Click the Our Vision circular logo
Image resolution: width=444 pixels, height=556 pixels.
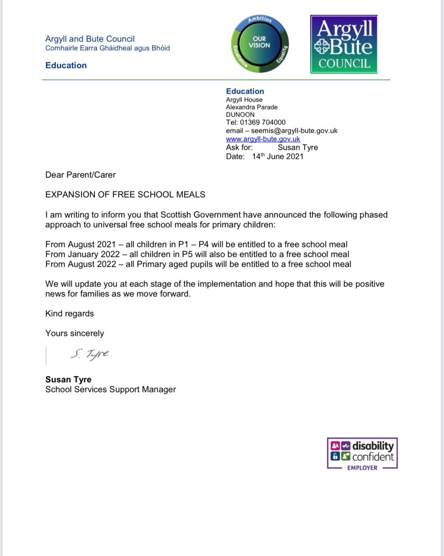coord(260,44)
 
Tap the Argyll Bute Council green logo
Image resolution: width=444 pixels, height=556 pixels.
coord(344,44)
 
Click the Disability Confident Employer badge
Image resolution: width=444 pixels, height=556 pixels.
coord(362,454)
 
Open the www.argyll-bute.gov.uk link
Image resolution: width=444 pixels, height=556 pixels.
coord(263,139)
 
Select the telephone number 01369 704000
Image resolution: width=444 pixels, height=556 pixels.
coord(263,123)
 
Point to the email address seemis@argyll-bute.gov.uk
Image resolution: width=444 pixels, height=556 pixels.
coord(294,131)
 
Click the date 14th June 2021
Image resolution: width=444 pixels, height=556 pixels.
coord(278,156)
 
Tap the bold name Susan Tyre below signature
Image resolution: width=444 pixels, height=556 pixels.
coord(68,379)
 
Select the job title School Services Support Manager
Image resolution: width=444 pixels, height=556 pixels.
coord(111,390)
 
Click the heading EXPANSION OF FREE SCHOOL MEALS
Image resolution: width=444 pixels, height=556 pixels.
coord(125,194)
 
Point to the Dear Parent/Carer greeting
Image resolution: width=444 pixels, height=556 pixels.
coord(81,175)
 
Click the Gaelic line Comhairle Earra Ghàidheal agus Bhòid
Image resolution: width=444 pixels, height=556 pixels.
coord(107,48)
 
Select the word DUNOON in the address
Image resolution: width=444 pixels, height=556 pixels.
coord(240,115)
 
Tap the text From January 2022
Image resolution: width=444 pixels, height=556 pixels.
coord(83,254)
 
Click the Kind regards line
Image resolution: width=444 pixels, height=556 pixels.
coord(70,314)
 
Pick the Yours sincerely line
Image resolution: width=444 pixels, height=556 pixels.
coord(75,334)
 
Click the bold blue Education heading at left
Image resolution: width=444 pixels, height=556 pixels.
coord(66,66)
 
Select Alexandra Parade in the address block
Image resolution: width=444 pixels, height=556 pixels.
coord(252,107)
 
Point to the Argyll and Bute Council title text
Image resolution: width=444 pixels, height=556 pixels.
coord(90,39)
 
